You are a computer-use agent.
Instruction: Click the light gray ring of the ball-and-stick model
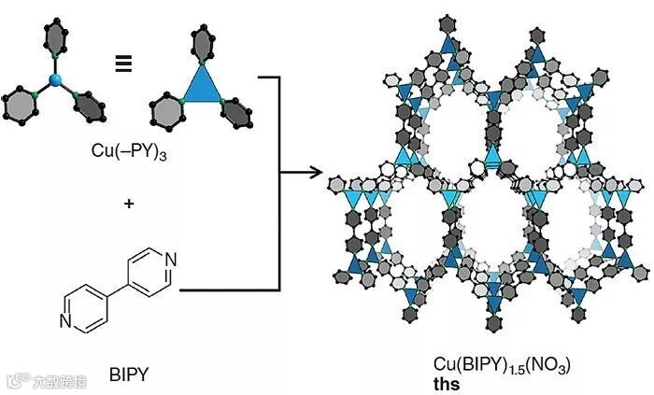pos(22,104)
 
